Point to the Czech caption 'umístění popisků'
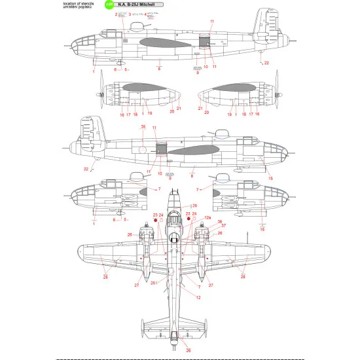(80, 8)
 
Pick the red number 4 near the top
(145, 14)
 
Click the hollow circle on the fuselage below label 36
(143, 150)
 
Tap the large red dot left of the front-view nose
(155, 221)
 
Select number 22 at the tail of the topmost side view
(266, 63)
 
